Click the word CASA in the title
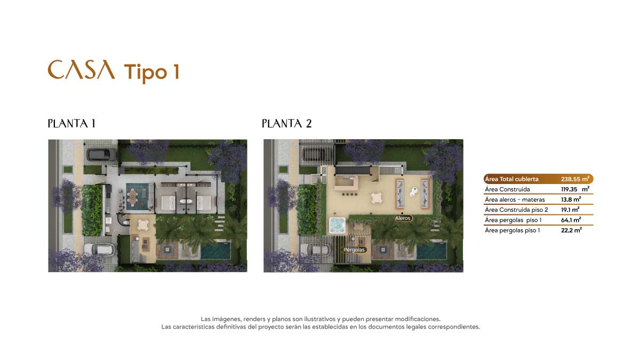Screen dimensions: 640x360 (x=82, y=69)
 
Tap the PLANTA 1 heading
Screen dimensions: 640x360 (x=71, y=124)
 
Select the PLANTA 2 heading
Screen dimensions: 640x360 (x=286, y=124)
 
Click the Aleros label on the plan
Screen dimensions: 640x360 (x=403, y=218)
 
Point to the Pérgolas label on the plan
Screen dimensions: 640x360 (x=354, y=250)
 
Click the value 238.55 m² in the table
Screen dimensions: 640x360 (x=575, y=179)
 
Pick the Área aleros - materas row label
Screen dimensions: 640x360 (x=515, y=199)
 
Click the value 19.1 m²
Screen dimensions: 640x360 (x=570, y=210)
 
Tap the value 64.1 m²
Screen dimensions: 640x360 (x=571, y=220)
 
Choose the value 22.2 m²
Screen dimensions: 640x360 (x=571, y=230)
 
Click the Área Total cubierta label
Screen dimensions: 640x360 (x=511, y=179)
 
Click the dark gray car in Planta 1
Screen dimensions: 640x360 (x=102, y=155)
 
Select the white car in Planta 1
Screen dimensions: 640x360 (x=99, y=250)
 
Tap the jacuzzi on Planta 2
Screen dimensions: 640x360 (x=338, y=225)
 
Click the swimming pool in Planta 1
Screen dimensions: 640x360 (x=215, y=251)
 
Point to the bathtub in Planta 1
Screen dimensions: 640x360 (x=187, y=201)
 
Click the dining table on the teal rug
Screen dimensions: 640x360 (x=133, y=197)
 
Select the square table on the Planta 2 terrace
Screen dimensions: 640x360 (x=377, y=198)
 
